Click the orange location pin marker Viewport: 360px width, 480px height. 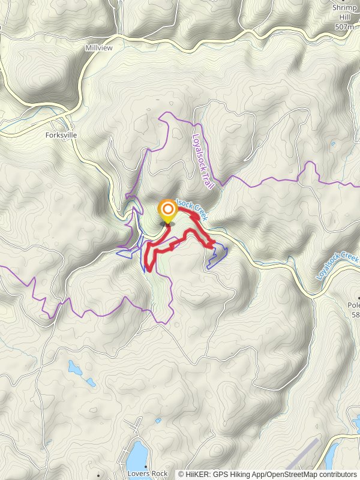point(167,211)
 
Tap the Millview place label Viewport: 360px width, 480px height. point(99,47)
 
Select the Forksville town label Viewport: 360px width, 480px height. point(61,135)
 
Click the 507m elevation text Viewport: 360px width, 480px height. point(344,27)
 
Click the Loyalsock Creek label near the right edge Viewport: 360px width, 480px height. point(337,267)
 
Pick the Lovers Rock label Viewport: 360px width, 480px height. point(148,473)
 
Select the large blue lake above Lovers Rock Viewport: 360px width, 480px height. point(138,454)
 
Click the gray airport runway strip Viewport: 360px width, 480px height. point(304,454)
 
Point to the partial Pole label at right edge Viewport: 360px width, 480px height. point(353,304)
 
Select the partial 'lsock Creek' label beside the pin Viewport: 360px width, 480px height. point(191,208)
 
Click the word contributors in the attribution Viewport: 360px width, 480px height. point(338,474)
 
